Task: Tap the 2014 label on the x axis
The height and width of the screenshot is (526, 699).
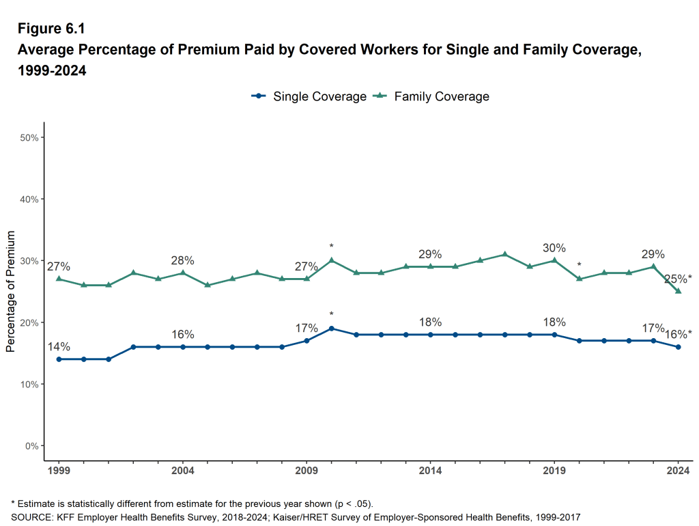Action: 430,471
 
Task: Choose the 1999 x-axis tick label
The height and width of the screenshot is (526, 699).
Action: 59,471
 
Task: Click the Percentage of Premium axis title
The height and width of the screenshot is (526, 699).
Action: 10,292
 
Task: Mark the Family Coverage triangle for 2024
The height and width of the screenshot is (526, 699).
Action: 678,291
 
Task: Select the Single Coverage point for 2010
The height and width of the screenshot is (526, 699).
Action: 331,329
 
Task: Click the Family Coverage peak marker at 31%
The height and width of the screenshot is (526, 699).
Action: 504,254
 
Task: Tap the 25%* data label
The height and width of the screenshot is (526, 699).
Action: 678,278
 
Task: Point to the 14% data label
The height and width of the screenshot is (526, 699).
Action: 59,346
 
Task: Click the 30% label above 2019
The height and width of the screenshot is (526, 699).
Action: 554,248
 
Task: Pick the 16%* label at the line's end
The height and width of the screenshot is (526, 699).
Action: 678,334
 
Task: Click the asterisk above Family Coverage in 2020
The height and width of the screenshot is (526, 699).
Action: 579,265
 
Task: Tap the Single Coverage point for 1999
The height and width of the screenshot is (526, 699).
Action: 59,359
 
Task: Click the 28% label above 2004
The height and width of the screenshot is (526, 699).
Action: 182,260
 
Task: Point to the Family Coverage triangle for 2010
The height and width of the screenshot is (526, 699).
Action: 331,260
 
